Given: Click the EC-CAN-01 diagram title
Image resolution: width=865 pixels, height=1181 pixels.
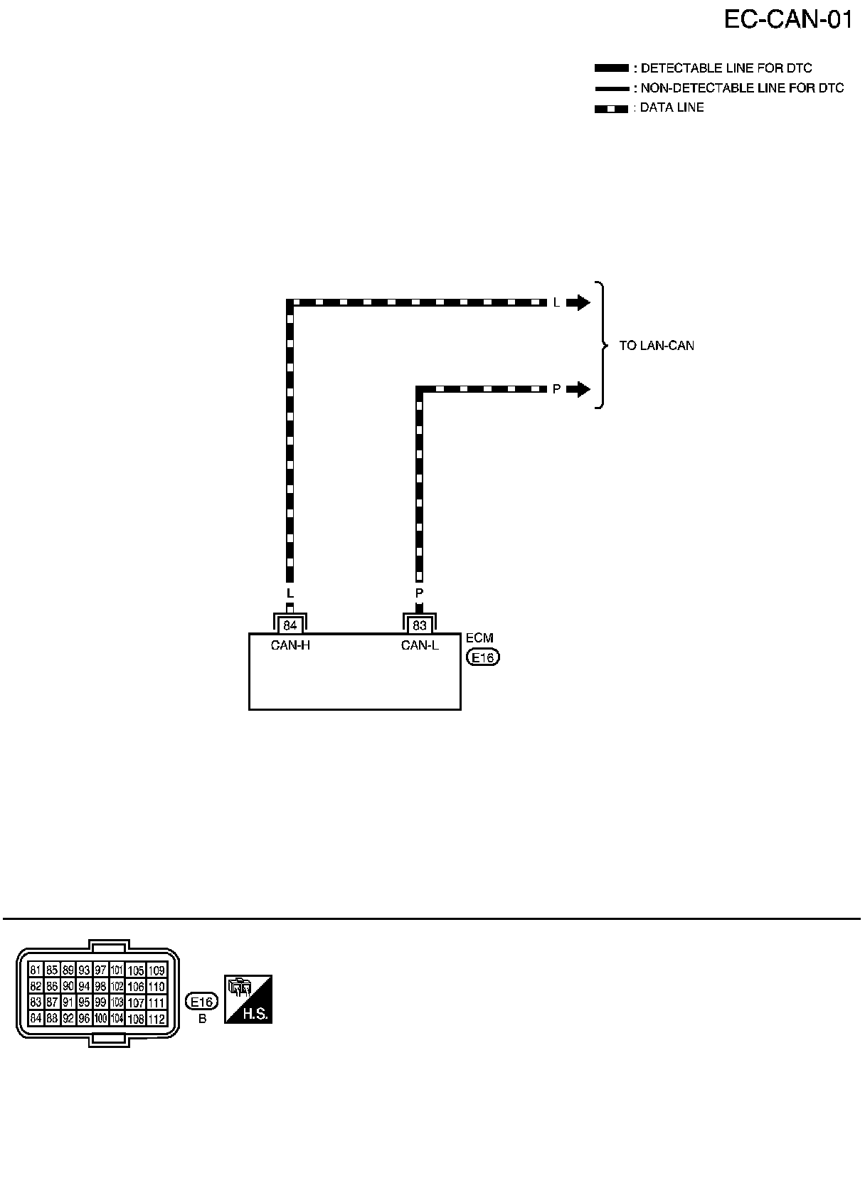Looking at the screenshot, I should (787, 19).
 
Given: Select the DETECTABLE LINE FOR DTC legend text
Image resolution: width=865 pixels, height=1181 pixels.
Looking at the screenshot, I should (726, 68).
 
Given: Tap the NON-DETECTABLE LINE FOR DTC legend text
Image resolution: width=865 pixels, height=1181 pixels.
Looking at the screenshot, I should (742, 88).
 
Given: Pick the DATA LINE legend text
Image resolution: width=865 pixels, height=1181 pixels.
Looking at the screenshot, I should (672, 107).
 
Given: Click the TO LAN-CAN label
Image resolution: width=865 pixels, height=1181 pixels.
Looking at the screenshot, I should (657, 346).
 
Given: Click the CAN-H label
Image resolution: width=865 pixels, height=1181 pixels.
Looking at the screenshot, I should (290, 646).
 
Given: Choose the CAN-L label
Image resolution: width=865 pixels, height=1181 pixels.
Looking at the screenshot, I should (420, 646).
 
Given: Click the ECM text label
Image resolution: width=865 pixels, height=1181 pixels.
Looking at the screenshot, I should (479, 638).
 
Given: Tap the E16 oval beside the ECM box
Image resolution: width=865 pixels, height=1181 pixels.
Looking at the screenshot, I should (483, 657).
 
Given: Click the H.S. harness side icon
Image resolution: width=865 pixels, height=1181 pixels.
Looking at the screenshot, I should (248, 999).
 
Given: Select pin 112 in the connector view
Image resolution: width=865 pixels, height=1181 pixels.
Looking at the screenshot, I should (156, 1020).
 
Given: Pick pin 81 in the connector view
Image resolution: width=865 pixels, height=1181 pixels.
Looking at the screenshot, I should (36, 970).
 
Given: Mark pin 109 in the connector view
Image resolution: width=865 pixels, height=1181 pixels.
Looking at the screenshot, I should (156, 970).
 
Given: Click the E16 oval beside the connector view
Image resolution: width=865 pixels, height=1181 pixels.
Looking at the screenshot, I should (201, 1002).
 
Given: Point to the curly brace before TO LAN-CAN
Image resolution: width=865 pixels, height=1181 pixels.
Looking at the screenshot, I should (603, 346).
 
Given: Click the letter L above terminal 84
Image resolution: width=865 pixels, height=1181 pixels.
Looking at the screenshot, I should (290, 593).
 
